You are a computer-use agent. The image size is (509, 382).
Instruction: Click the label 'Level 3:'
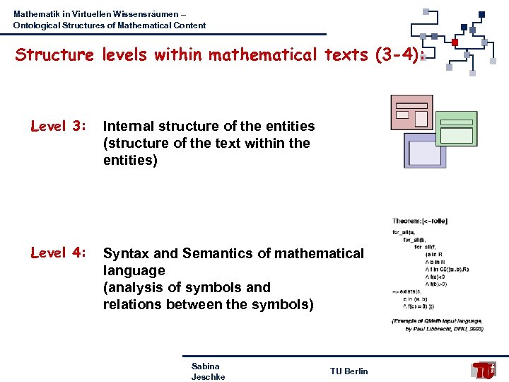tap(58, 127)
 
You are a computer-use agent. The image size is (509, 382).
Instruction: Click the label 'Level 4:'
tap(58, 253)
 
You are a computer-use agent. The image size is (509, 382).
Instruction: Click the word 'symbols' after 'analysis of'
tap(199, 287)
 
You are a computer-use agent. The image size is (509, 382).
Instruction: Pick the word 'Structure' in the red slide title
tap(55, 54)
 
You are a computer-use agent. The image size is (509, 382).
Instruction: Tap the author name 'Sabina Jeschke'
tap(207, 371)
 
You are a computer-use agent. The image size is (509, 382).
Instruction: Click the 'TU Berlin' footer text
tap(349, 371)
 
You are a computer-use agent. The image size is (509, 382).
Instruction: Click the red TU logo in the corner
tap(484, 370)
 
